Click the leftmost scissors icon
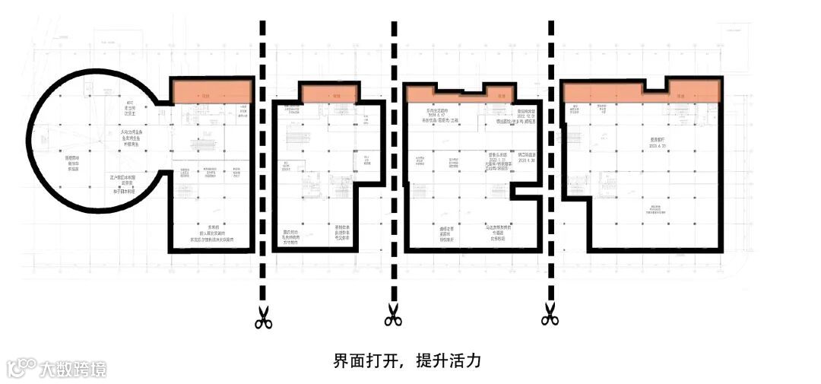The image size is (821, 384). (x=264, y=317)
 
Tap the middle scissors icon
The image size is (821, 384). (x=393, y=315)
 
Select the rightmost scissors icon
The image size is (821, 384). (x=550, y=314)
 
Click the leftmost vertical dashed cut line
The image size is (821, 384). (x=263, y=152)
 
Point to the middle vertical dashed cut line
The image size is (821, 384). (x=394, y=152)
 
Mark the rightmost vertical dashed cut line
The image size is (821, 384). (x=551, y=152)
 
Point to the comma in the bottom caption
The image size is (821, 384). (x=405, y=363)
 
